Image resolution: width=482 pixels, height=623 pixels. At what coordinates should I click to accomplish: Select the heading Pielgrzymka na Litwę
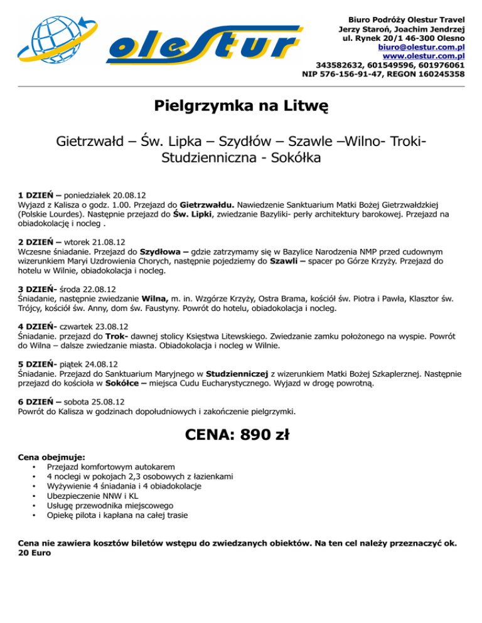241,106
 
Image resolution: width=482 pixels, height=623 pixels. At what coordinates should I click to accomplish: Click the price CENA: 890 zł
241,434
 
